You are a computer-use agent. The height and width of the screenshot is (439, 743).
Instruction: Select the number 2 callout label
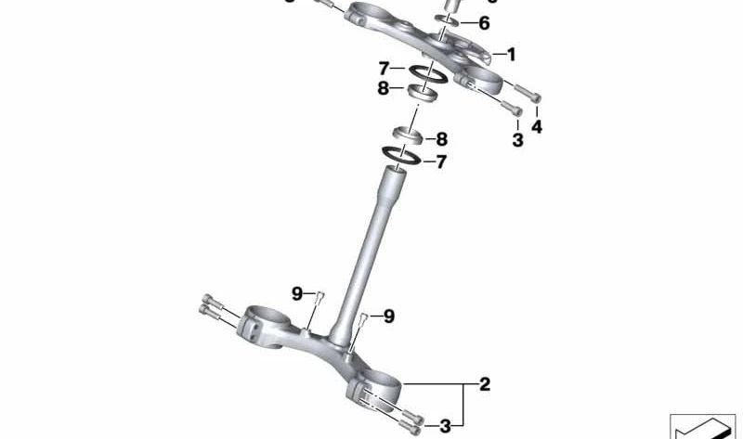[x=484, y=382]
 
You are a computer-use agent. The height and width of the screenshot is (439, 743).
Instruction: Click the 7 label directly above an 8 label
[x=384, y=70]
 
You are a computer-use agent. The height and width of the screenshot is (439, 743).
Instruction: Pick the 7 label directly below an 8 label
[x=441, y=161]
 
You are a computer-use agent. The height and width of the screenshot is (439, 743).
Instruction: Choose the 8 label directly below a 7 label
[x=384, y=90]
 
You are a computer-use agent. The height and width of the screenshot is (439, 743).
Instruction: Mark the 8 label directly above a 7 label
[x=441, y=139]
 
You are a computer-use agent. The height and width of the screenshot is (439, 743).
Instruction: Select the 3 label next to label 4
[x=517, y=141]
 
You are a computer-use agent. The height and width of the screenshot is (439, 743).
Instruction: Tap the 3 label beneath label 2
[x=446, y=426]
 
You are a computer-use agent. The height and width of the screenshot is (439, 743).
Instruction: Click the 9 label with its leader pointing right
[x=297, y=293]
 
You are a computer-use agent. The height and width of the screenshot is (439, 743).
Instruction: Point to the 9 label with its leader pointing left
[x=388, y=316]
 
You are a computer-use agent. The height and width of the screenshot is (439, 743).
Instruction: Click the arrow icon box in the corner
[x=701, y=426]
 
